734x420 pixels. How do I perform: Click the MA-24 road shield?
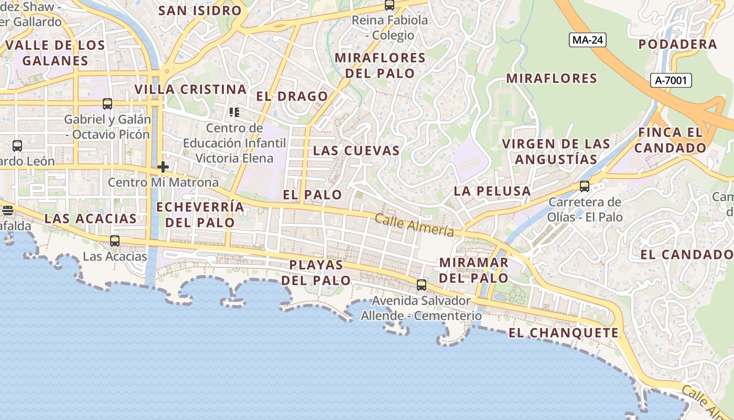pos(587,40)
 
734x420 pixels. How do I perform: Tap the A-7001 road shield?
pos(671,80)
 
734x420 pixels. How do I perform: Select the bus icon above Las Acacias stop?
pos(114,241)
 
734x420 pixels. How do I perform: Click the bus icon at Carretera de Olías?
pos(584,186)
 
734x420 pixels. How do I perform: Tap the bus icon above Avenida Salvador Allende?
pos(421,285)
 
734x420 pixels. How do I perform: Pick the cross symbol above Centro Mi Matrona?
pos(163,167)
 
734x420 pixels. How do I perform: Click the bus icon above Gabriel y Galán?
pos(107,104)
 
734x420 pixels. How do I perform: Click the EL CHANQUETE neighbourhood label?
pos(564,333)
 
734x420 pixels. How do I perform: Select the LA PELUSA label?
pos(492,191)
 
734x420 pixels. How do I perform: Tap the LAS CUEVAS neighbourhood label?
pos(357,151)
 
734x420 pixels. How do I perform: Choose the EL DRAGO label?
pos(292,97)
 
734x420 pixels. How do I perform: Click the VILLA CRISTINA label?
pos(190,89)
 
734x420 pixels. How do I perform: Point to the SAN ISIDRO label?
pos(200,10)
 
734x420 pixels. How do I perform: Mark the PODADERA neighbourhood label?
pos(677,44)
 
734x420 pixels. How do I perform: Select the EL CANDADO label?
pos(686,255)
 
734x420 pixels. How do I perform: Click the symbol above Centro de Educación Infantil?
pos(234,112)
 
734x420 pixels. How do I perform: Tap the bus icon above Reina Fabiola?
pos(389,5)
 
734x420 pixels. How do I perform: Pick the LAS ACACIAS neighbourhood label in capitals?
pos(90,218)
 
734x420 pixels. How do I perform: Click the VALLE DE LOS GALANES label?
pos(56,52)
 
